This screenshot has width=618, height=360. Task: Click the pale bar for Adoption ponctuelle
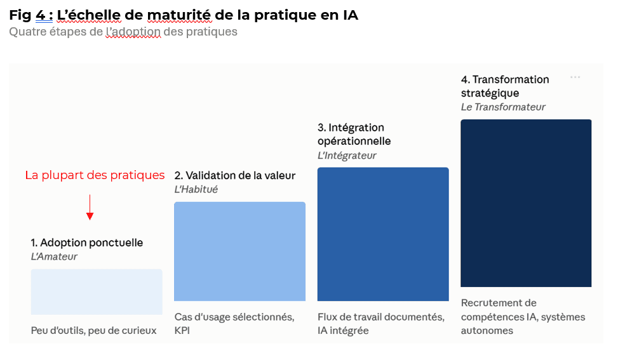(x=97, y=292)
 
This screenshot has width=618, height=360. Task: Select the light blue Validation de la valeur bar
(x=239, y=251)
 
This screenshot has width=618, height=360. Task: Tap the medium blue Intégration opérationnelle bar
(x=383, y=234)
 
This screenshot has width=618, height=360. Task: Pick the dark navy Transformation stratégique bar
(x=526, y=203)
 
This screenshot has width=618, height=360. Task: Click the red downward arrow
(x=90, y=207)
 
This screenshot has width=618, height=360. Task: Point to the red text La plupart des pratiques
(x=95, y=175)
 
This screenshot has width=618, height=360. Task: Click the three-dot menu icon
(x=575, y=77)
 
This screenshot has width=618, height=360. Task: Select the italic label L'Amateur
(x=54, y=257)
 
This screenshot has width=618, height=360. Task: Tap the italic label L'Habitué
(x=196, y=189)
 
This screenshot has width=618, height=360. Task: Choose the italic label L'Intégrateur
(x=347, y=156)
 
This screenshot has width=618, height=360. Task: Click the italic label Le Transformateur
(x=503, y=107)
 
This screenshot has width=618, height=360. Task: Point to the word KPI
(x=182, y=330)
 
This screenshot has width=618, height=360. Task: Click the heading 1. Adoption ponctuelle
(x=87, y=243)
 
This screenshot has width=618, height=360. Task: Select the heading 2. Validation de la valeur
(x=235, y=176)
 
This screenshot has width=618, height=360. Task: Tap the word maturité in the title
(x=179, y=15)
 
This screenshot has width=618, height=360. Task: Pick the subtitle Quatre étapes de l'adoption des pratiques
(x=123, y=32)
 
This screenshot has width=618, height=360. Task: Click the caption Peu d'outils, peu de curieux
(x=94, y=330)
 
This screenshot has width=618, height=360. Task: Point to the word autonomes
(x=487, y=330)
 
